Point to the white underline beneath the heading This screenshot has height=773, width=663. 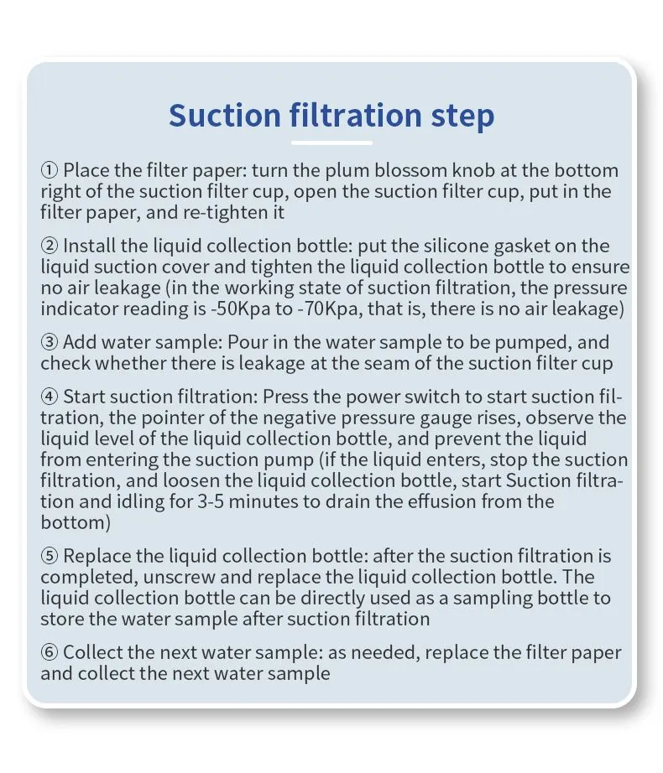(x=331, y=143)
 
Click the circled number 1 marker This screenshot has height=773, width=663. (x=50, y=170)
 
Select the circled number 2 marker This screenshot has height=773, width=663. (x=50, y=246)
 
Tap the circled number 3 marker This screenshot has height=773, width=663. (x=50, y=342)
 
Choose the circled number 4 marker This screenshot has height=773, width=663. (x=50, y=397)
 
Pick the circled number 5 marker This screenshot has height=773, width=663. (x=50, y=556)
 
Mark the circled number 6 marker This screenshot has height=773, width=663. (x=50, y=653)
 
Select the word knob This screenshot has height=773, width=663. (x=473, y=170)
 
